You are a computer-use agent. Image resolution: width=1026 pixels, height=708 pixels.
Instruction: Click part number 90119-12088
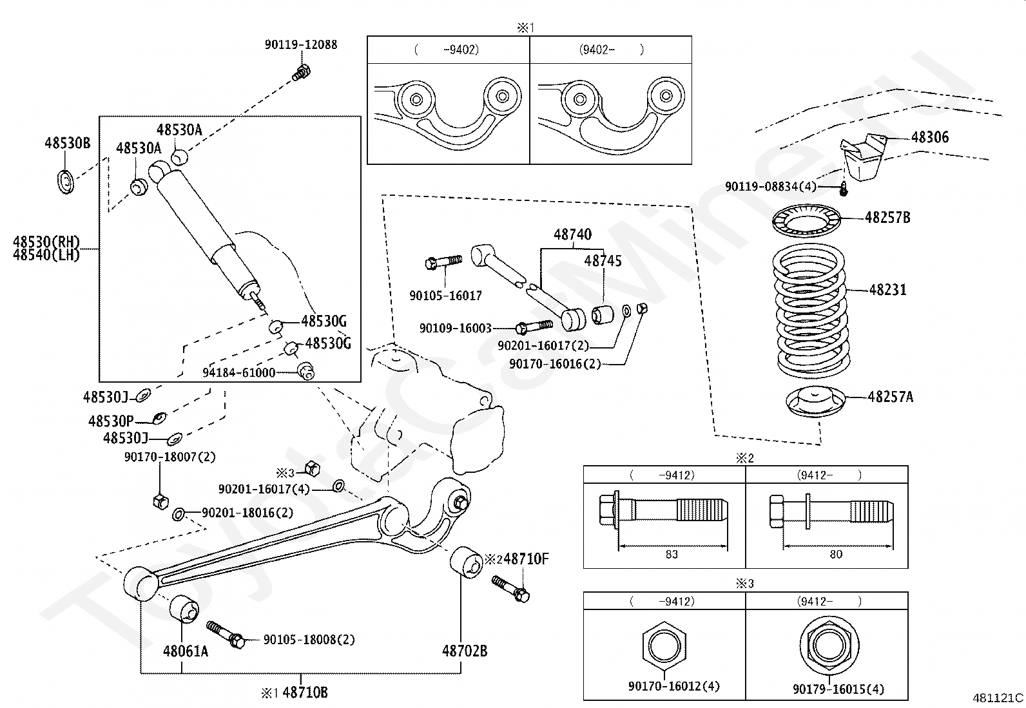pos(301,44)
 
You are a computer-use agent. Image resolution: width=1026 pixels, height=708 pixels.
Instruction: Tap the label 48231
pos(887,290)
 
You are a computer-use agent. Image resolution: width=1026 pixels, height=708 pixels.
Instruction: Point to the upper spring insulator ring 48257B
pos(807,221)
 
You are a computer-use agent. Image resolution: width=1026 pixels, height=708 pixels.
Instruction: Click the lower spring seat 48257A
pos(815,402)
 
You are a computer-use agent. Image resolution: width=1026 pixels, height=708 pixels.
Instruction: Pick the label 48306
pos(930,137)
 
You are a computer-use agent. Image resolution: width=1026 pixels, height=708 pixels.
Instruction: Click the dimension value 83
pos(672,554)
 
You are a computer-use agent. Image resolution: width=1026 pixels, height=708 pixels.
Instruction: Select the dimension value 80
pos(836,554)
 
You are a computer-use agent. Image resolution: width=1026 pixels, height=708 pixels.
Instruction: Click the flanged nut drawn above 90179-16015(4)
pos(829,646)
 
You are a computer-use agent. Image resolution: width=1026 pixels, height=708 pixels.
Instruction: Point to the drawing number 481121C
pos(998,698)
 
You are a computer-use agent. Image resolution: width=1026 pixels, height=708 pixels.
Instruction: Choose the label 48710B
pos(305,692)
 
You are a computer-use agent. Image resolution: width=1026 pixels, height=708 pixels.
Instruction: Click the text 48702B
pos(465,651)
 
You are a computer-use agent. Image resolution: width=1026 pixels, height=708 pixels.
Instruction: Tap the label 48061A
pos(186,651)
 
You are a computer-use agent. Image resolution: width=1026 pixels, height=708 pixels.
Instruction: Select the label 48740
pos(572,234)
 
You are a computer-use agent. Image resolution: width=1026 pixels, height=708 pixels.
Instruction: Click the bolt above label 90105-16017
pos(443,262)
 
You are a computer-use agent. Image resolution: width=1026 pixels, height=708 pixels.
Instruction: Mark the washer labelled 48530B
pos(66,182)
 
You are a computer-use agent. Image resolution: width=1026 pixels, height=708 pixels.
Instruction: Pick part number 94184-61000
pos(239,372)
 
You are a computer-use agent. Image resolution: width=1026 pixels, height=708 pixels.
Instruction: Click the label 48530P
pos(111,421)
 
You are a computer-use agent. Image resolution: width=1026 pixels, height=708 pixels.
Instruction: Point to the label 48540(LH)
pos(46,254)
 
